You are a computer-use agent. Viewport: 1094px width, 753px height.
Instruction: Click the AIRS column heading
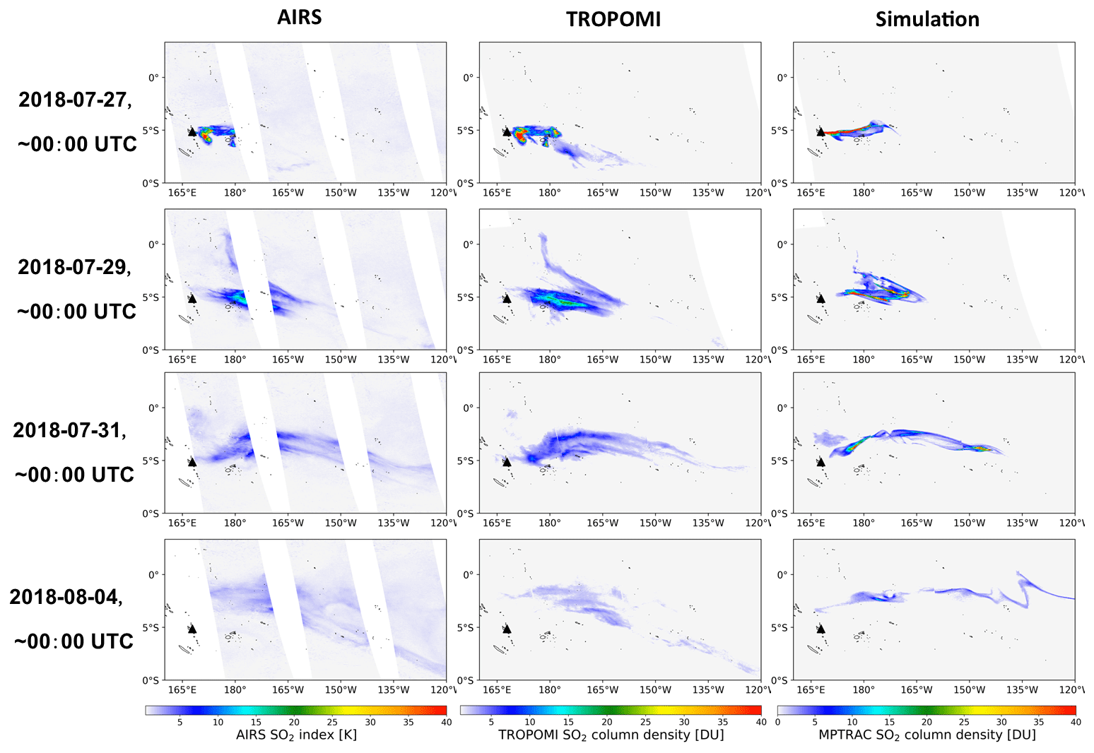299,18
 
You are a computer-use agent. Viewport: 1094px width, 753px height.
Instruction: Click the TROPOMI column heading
613,19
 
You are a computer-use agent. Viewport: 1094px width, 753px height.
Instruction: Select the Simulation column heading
927,19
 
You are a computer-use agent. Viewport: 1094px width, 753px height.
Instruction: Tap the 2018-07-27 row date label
75,100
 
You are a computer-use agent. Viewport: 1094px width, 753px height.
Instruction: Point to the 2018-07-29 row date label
74,267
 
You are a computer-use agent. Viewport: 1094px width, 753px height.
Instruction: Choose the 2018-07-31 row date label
69,430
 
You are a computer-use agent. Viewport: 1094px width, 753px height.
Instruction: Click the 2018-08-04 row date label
66,597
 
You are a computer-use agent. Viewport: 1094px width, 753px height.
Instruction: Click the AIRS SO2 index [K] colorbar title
296,735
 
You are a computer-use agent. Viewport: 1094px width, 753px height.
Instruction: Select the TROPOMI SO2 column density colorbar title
611,735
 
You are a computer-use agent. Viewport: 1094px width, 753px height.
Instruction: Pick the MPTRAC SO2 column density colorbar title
927,735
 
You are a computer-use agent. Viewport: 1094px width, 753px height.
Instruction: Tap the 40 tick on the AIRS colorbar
446,722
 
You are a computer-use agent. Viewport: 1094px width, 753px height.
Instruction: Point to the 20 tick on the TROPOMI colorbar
606,722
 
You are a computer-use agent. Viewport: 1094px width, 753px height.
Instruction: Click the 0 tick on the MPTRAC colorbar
777,722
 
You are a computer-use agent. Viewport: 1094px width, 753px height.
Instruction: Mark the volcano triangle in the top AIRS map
192,131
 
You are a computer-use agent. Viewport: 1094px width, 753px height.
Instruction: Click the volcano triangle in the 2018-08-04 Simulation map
820,629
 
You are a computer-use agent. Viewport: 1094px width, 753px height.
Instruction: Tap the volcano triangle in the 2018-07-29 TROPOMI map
507,299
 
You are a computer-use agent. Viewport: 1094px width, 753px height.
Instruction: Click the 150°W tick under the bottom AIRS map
341,689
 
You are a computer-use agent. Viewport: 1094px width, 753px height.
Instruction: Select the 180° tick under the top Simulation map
863,192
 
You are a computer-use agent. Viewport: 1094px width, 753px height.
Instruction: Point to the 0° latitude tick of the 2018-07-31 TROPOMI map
469,408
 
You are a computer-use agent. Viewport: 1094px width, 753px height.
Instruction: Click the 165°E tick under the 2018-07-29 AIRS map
182,360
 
